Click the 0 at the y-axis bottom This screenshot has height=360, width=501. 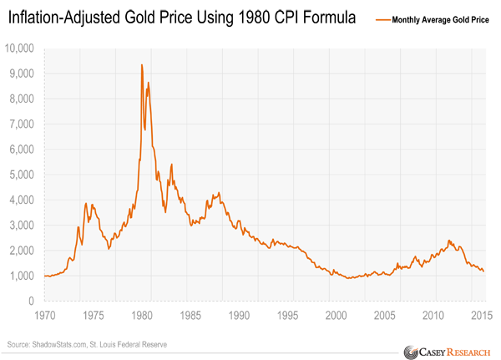[x=31, y=301]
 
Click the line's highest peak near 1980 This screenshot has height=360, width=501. [x=141, y=65]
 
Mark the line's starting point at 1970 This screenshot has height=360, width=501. [x=43, y=276]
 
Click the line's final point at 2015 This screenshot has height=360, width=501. [x=483, y=271]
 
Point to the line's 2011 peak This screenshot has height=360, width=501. [x=449, y=241]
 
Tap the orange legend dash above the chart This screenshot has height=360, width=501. [x=383, y=18]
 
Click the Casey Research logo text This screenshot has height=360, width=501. [x=454, y=350]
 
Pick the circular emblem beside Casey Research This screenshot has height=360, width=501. [x=409, y=350]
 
